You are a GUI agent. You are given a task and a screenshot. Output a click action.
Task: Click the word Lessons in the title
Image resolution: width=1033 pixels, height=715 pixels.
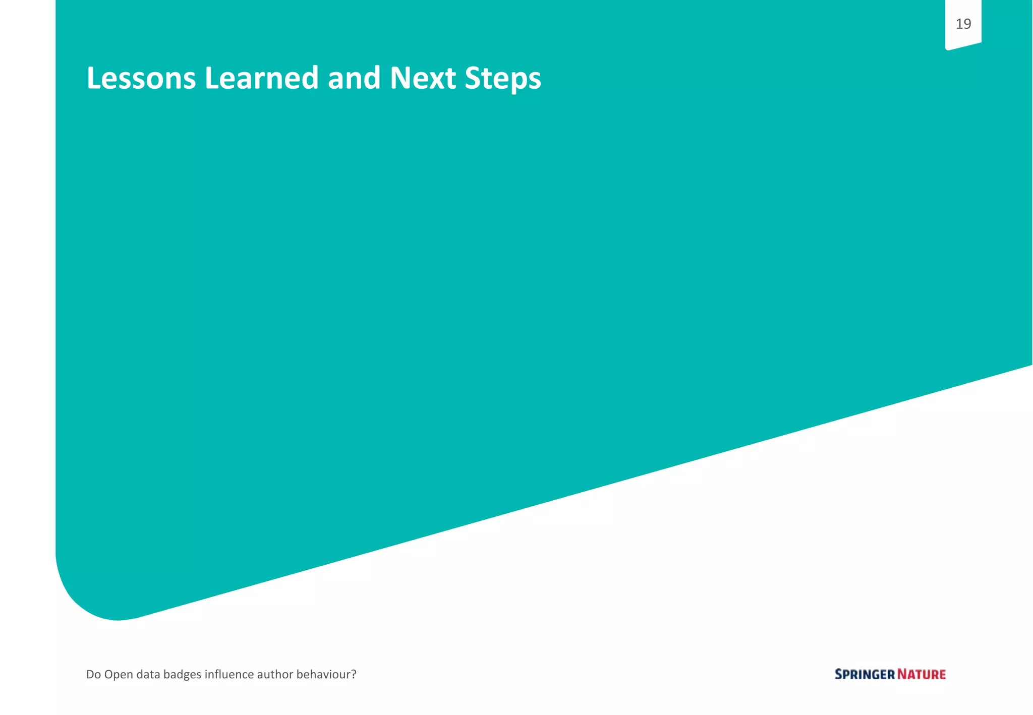coord(141,79)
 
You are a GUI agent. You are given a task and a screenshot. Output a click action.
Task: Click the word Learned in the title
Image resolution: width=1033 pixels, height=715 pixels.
coord(261,79)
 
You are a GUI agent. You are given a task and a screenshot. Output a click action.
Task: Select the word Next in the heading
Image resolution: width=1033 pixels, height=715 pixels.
coord(423,79)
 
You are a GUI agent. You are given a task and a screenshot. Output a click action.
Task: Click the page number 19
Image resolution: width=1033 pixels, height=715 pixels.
coord(963,24)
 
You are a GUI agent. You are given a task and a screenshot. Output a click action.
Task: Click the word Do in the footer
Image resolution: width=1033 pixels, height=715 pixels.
coord(93,674)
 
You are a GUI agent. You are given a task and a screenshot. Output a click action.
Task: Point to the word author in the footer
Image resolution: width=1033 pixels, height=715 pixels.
coord(275,674)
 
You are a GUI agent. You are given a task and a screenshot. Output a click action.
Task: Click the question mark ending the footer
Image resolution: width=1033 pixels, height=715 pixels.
coord(354,674)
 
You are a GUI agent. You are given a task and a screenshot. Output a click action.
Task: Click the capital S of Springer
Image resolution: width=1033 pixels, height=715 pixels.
coord(839,674)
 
